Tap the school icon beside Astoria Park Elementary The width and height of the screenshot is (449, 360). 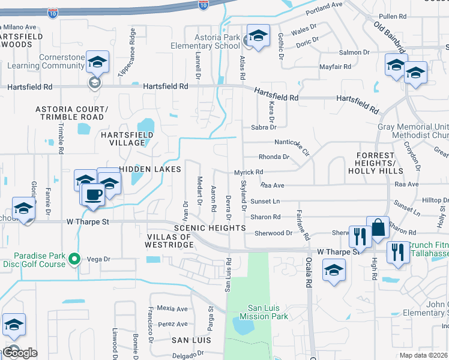point(258,37)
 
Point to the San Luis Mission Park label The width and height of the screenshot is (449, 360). point(264,312)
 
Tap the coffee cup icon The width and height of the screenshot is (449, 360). point(92,195)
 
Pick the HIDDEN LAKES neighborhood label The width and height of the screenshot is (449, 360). point(150,170)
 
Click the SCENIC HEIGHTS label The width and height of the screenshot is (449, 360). point(209,228)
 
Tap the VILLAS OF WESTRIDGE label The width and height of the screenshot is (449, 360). point(169,241)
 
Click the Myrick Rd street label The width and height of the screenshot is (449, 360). point(249,172)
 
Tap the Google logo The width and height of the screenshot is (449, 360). point(19,353)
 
